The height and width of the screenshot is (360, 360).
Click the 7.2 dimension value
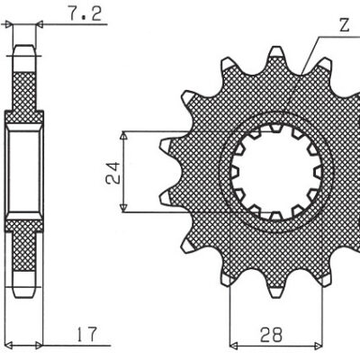(85, 14)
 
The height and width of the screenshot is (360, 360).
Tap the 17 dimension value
(86, 334)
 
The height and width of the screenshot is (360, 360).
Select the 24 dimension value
(113, 173)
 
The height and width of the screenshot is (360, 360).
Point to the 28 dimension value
(272, 335)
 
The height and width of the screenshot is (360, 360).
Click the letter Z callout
(345, 25)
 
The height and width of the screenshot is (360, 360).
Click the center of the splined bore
(276, 172)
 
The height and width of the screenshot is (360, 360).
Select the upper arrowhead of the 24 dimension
(123, 136)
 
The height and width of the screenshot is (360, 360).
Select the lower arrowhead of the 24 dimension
(123, 208)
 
